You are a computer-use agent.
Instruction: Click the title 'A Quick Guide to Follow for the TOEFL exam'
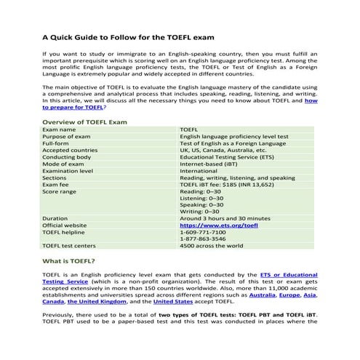[128, 36]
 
